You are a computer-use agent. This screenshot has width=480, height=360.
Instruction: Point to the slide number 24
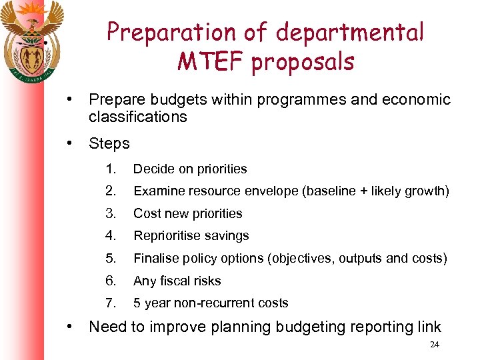(x=435, y=345)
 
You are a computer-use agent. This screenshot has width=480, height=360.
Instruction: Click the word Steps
(x=109, y=143)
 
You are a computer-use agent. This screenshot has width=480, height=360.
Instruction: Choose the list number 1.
(x=110, y=169)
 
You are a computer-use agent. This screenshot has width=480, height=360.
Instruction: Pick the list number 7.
(x=110, y=303)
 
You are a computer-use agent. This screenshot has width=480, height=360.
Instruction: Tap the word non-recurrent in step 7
(x=215, y=303)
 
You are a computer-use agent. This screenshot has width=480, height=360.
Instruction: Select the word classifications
(x=138, y=117)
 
